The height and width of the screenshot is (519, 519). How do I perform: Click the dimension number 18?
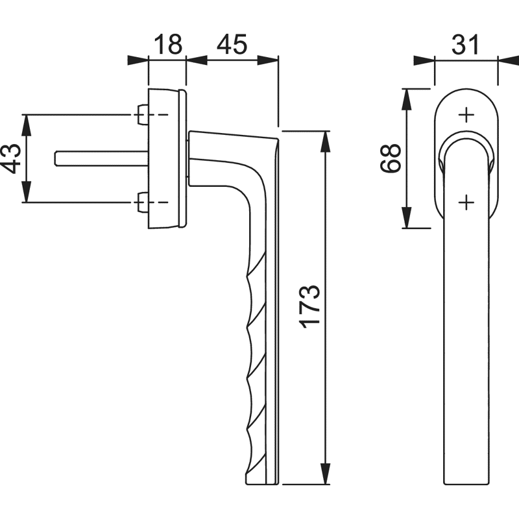168,44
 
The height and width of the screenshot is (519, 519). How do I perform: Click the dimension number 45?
232,44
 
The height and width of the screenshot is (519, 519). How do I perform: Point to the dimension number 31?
465,44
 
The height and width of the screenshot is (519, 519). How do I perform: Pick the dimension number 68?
391,158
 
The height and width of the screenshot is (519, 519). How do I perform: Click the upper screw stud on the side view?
143,115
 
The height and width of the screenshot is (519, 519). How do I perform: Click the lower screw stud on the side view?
143,202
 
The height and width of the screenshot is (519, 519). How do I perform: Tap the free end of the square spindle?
56,158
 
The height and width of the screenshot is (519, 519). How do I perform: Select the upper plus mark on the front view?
466,115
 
